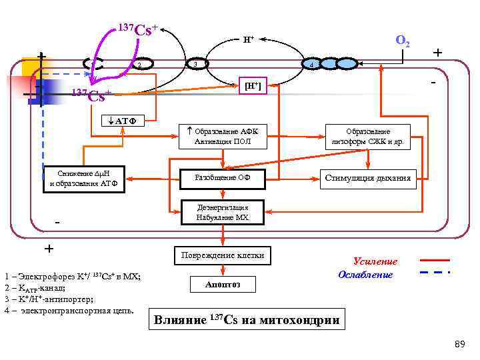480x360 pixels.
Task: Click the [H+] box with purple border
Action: pyautogui.click(x=253, y=86)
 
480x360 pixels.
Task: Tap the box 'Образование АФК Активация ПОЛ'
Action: pyautogui.click(x=223, y=137)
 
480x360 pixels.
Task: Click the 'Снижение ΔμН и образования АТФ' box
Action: pyautogui.click(x=83, y=180)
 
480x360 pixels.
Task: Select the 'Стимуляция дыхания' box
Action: pyautogui.click(x=368, y=177)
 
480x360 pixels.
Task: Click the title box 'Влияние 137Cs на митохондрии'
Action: pyautogui.click(x=247, y=320)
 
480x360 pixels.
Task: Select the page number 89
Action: pyautogui.click(x=459, y=344)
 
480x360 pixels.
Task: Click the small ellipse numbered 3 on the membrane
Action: pyautogui.click(x=194, y=64)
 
